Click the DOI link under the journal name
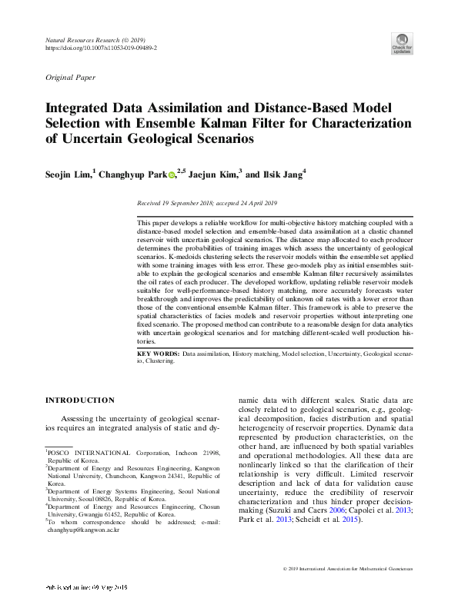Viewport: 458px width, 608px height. [x=102, y=48]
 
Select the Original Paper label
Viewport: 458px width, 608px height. [x=71, y=78]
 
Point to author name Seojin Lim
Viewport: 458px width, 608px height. [x=69, y=174]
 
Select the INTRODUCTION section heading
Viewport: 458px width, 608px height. [x=80, y=400]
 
